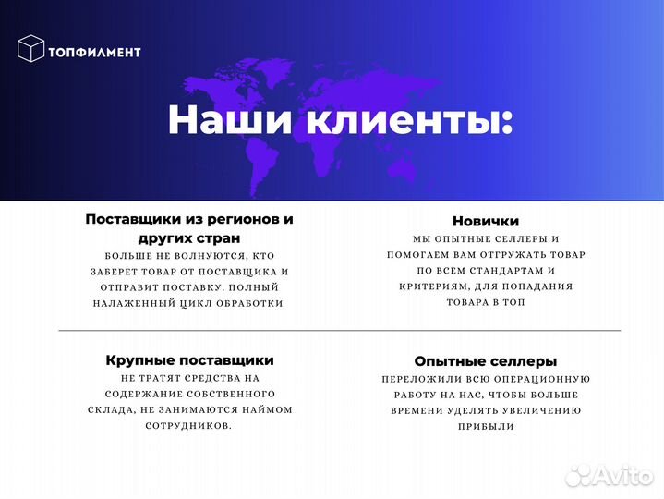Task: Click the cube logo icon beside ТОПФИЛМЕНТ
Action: coord(31,48)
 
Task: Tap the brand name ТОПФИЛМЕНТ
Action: coord(97,52)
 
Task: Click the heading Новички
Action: coord(485,222)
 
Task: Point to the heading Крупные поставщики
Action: coord(190,359)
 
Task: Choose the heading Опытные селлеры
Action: coord(485,361)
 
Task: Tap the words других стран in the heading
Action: coord(189,238)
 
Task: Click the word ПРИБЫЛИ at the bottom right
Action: coord(485,427)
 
